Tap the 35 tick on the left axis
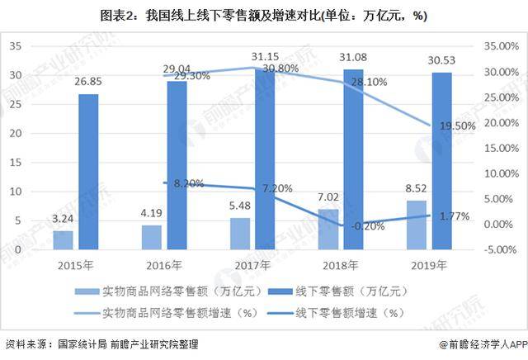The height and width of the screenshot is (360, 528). [x=15, y=47]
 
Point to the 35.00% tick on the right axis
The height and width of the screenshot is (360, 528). [x=500, y=47]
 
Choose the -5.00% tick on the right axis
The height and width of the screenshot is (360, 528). [x=500, y=249]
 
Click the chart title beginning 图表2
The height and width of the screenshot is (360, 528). [x=264, y=15]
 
